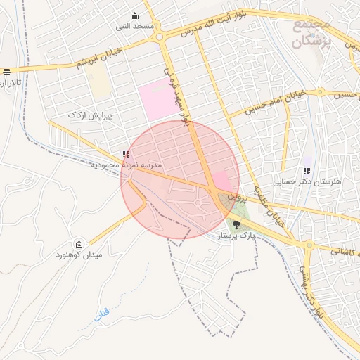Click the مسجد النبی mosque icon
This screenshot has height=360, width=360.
point(135,15)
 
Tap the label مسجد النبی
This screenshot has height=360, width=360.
point(135,26)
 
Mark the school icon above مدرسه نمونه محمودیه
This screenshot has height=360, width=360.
point(125,154)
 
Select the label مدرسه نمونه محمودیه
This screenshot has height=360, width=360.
point(127,165)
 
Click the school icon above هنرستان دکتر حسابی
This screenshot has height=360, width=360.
point(306,170)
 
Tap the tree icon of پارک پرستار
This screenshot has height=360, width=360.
point(235,225)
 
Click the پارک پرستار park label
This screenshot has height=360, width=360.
point(235,236)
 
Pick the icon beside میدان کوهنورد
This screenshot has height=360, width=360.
point(79,243)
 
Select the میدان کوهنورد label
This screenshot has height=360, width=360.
point(79,255)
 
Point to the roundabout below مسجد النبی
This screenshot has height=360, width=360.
point(160,37)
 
